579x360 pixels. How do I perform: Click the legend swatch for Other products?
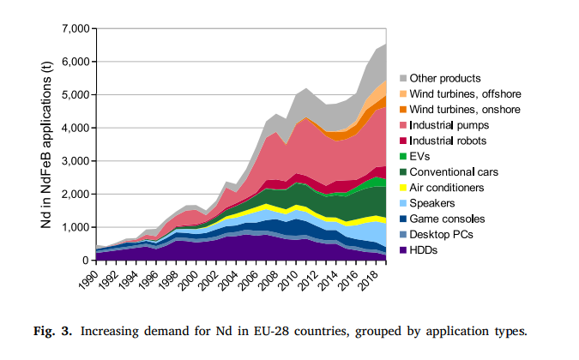click(x=401, y=78)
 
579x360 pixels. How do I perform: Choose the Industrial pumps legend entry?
click(x=446, y=124)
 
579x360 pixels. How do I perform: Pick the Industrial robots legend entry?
click(x=447, y=140)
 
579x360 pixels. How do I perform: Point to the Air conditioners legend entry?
click(x=446, y=186)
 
